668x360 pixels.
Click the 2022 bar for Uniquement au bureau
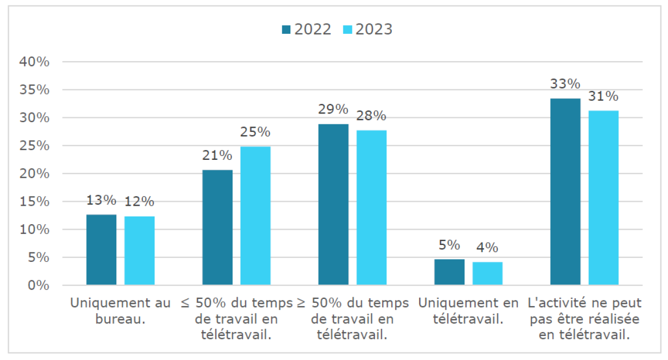point(101,250)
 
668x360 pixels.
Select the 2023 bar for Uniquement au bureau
point(139,251)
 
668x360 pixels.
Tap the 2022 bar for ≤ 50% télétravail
point(217,227)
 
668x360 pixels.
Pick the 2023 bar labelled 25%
point(255,215)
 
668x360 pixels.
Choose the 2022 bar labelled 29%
point(333,205)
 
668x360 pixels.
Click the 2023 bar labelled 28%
point(372,207)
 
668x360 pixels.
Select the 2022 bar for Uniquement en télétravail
point(449,272)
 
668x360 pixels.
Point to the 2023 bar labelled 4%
point(487,273)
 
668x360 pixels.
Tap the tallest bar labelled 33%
point(565,191)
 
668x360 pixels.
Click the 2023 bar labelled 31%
point(604,197)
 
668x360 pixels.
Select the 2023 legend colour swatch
point(348,29)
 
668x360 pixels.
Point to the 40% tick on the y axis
point(34,62)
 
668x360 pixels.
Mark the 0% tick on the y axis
point(38,285)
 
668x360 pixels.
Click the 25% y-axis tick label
point(34,146)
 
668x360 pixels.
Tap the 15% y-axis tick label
point(34,202)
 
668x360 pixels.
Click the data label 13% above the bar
point(101,200)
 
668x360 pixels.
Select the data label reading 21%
point(217,155)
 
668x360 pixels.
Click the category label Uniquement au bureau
point(120,311)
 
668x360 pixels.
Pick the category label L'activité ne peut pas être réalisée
point(584,319)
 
